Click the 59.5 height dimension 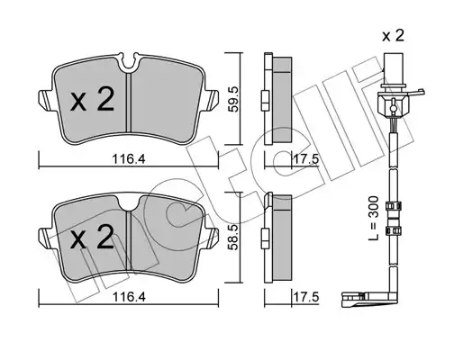pyautogui.click(x=233, y=99)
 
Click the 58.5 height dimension pyautogui.click(x=233, y=238)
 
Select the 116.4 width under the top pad pyautogui.click(x=129, y=159)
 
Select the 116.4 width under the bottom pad pyautogui.click(x=129, y=297)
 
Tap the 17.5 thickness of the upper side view pyautogui.click(x=305, y=159)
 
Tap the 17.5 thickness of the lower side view pyautogui.click(x=305, y=297)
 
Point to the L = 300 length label pyautogui.click(x=374, y=218)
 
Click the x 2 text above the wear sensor pyautogui.click(x=393, y=36)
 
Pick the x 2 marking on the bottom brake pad pyautogui.click(x=92, y=237)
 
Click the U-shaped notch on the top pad pyautogui.click(x=129, y=64)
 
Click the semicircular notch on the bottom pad pyautogui.click(x=130, y=203)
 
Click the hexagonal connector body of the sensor pyautogui.click(x=392, y=105)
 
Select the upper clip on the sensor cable pyautogui.click(x=393, y=206)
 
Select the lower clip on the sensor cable pyautogui.click(x=393, y=230)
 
